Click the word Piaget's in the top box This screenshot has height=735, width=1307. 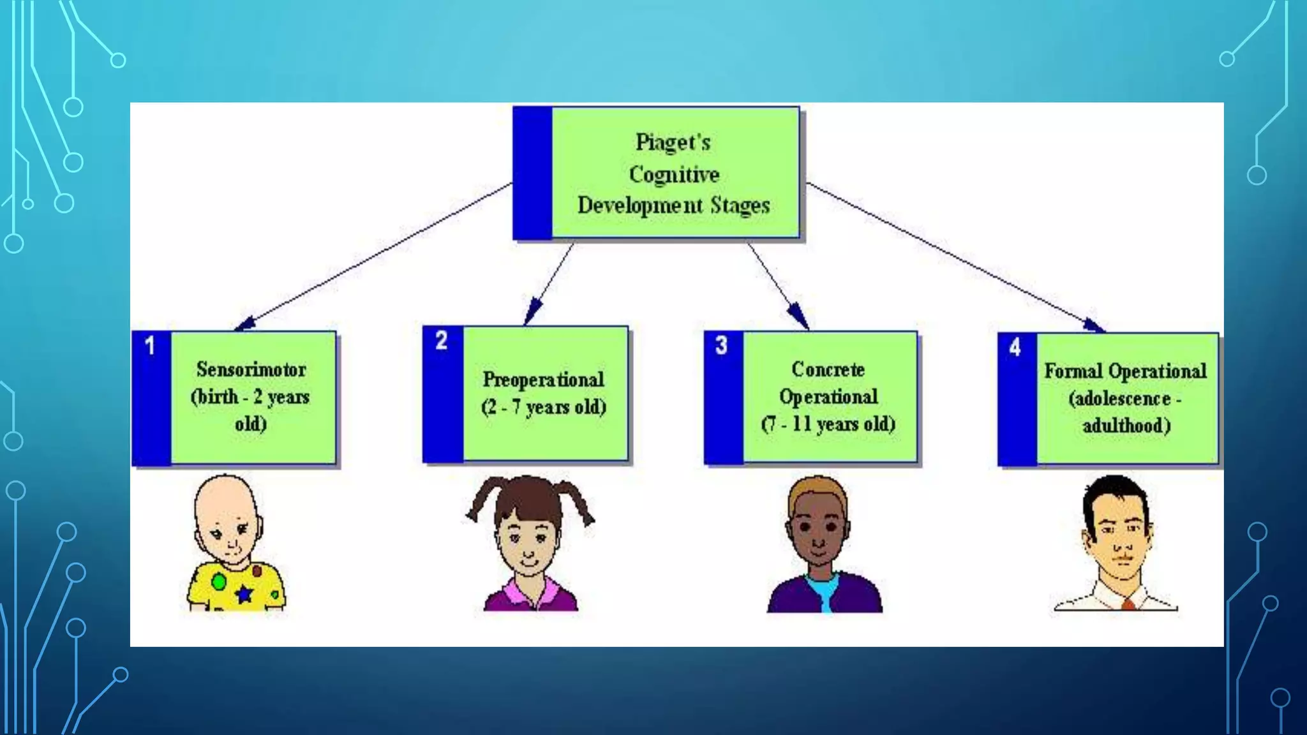click(673, 142)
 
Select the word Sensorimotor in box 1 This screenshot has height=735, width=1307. click(251, 369)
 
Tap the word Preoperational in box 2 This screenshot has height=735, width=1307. click(543, 380)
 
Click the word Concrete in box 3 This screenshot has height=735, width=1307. click(828, 369)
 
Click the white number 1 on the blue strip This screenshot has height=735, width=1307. click(150, 346)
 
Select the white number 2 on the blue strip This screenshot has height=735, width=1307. click(441, 341)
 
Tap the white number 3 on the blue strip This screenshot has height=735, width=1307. click(721, 345)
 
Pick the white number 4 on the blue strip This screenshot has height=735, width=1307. click(1015, 348)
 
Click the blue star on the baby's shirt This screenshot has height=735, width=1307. click(244, 594)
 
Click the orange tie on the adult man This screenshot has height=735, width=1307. click(1128, 604)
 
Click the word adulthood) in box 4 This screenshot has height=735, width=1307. click(1126, 426)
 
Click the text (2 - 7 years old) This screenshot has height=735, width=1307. click(543, 407)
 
